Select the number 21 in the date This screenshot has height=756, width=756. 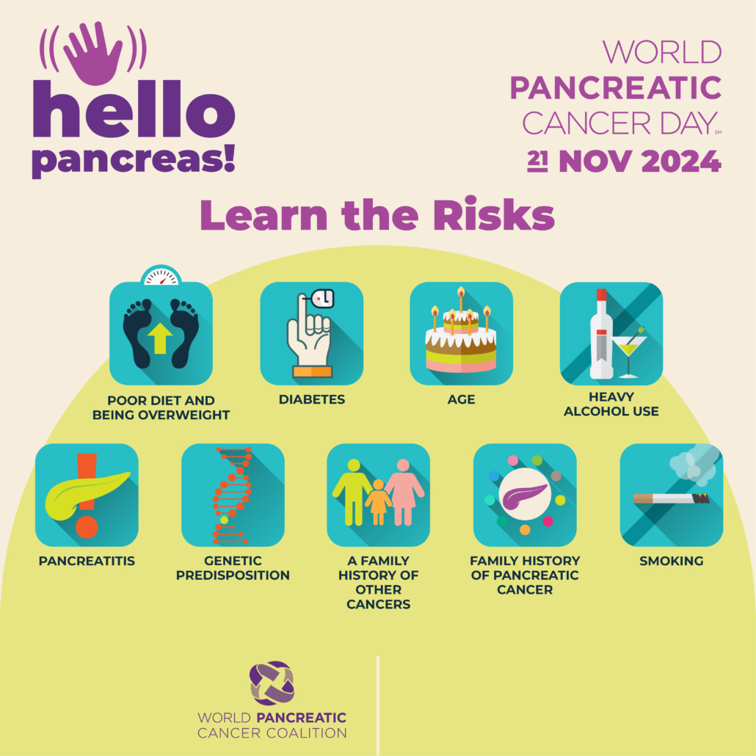pos(537,161)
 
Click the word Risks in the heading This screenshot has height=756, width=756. pos(494,214)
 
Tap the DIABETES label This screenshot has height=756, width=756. pos(312,399)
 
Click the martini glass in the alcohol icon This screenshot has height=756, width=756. pos(629,352)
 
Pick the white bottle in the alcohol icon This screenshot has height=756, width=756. pos(601,334)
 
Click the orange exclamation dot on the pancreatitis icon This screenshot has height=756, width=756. pos(87,527)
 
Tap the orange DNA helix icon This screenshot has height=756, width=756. pos(233,495)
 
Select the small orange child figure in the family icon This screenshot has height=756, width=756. pos(379,502)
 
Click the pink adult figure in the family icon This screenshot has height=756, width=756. pos(404,492)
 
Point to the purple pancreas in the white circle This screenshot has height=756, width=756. pos(524,496)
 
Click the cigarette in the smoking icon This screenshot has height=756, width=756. pos(671,498)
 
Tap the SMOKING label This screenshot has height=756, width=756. pos(671,561)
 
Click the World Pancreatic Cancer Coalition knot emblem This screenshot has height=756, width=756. pos(272,683)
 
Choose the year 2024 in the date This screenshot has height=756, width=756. pos(681,161)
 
